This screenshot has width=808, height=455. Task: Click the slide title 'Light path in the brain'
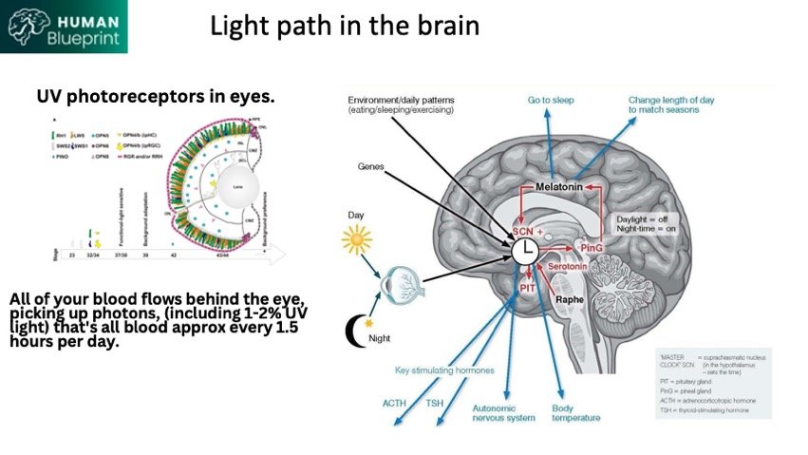pyautogui.click(x=345, y=26)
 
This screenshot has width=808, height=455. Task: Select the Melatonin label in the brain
pyautogui.click(x=564, y=189)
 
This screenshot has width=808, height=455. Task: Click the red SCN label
pyautogui.click(x=523, y=232)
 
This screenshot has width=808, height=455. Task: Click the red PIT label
pyautogui.click(x=528, y=288)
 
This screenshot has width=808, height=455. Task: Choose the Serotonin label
pyautogui.click(x=573, y=267)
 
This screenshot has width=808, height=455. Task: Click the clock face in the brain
pyautogui.click(x=525, y=252)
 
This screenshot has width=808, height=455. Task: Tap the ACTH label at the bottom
pyautogui.click(x=395, y=403)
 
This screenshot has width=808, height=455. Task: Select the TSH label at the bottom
pyautogui.click(x=435, y=403)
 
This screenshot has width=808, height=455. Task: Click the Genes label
pyautogui.click(x=371, y=165)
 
